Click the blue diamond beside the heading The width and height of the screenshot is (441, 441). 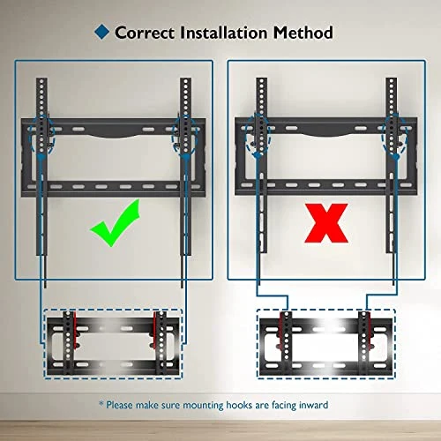click(x=101, y=32)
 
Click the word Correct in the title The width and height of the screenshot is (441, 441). click(x=145, y=33)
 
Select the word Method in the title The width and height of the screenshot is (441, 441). click(x=303, y=33)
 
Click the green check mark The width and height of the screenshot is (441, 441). click(x=116, y=222)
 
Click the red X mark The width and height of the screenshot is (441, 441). click(x=326, y=223)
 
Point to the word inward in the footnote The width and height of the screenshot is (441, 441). click(x=313, y=405)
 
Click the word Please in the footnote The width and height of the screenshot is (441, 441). click(x=119, y=405)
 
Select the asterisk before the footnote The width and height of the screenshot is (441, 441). click(x=101, y=403)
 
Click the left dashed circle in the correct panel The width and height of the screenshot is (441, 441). click(x=41, y=134)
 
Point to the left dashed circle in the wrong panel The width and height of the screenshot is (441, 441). click(x=258, y=134)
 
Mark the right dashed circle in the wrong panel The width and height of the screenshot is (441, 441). click(x=395, y=135)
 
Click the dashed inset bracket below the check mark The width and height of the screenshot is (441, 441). click(x=113, y=343)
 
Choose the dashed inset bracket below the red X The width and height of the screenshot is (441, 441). click(x=326, y=343)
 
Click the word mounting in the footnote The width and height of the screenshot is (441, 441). click(x=204, y=405)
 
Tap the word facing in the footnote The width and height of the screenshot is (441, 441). click(x=284, y=405)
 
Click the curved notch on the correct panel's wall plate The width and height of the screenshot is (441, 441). click(x=113, y=136)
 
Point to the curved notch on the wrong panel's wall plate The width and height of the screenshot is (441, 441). click(x=326, y=134)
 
